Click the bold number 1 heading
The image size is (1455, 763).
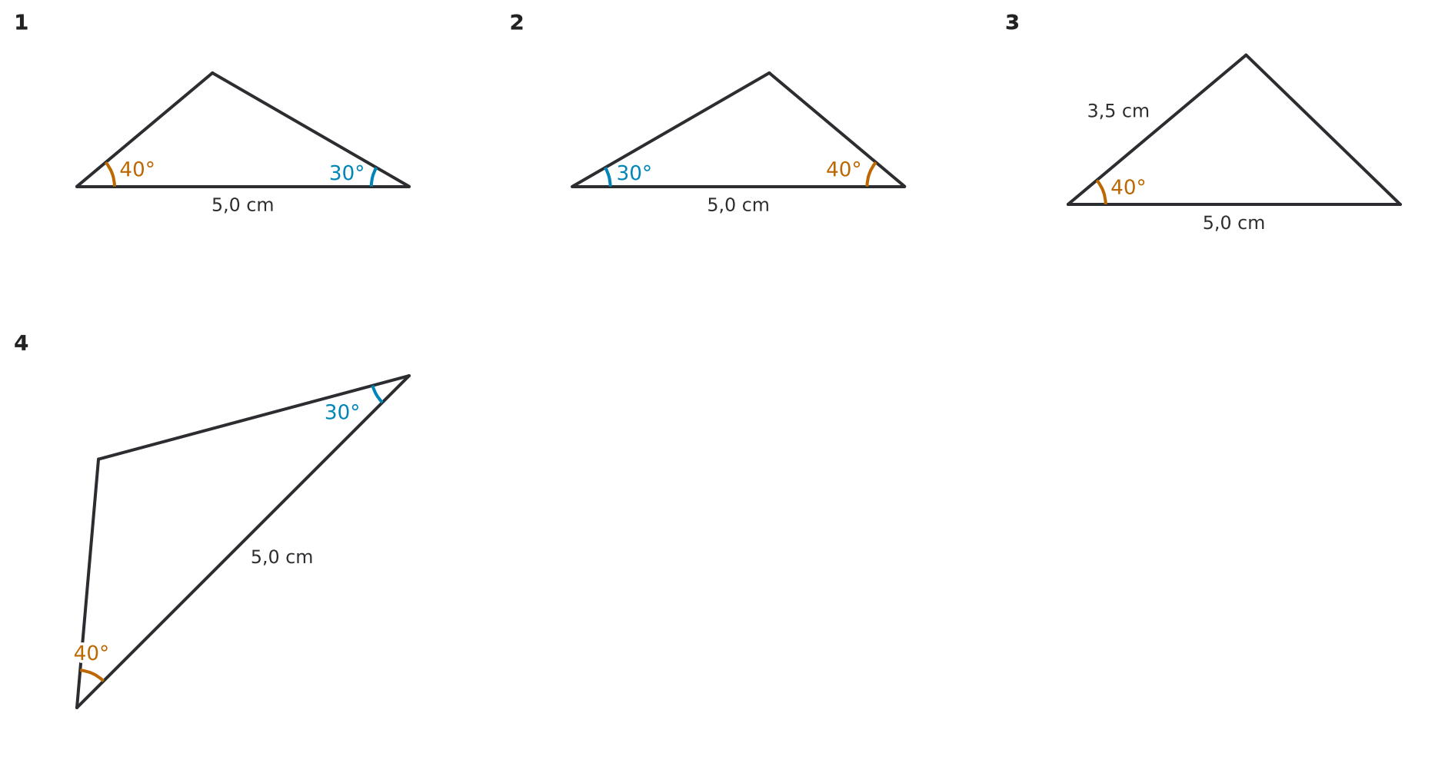(x=21, y=23)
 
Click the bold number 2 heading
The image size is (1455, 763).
(x=516, y=23)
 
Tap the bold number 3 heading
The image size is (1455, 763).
(x=1012, y=23)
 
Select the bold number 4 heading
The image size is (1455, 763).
(x=21, y=343)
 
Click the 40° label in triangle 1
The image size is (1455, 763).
(x=137, y=170)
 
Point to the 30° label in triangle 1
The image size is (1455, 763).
(x=347, y=174)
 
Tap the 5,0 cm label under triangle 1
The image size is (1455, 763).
(x=243, y=205)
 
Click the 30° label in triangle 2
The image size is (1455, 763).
(x=634, y=174)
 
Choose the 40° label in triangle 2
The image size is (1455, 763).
(x=844, y=170)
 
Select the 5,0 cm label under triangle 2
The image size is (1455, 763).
(x=738, y=205)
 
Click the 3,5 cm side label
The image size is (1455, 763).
(x=1118, y=111)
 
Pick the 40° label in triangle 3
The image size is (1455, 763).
(x=1128, y=187)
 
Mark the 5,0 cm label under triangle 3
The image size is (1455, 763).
(x=1234, y=223)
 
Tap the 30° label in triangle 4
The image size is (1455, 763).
(x=342, y=413)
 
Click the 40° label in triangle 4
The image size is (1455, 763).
(x=92, y=654)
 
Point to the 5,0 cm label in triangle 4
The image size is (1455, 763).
(x=281, y=557)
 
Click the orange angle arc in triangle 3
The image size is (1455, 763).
(x=1104, y=191)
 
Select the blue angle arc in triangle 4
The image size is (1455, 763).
(x=376, y=395)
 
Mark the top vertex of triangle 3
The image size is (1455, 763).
(x=1246, y=55)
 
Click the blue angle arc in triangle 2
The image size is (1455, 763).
(x=609, y=177)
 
